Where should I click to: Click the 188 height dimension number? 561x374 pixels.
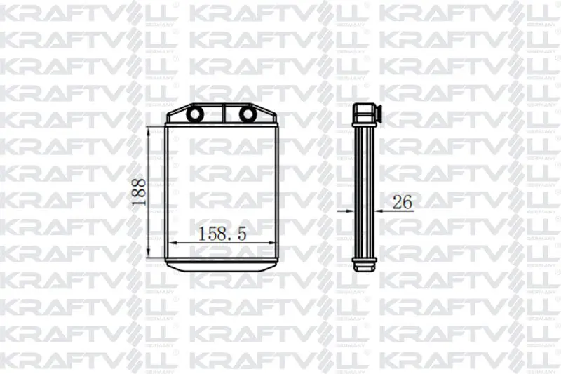[139, 192]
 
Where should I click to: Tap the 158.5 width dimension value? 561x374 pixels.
[222, 234]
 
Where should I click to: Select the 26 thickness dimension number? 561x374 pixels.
[403, 203]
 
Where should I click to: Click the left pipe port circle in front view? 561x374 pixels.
[196, 114]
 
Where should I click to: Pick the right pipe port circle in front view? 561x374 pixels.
[247, 114]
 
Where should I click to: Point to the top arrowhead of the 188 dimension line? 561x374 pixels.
[149, 131]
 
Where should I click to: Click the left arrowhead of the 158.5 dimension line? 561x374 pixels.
[173, 243]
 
